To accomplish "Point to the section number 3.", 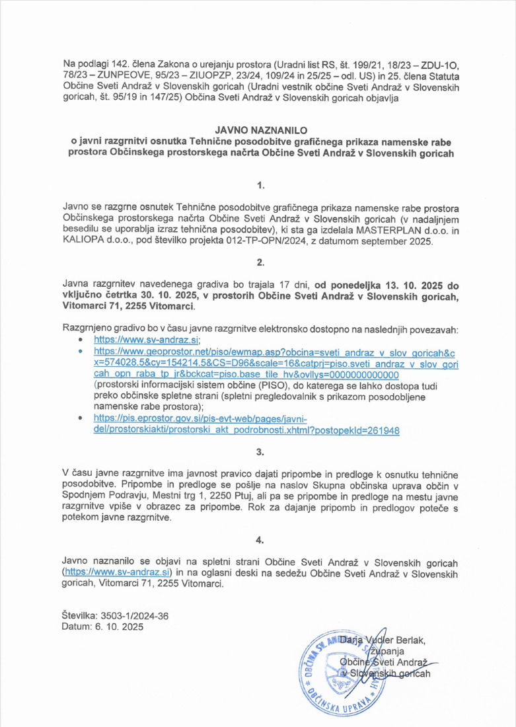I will (x=260, y=453).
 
